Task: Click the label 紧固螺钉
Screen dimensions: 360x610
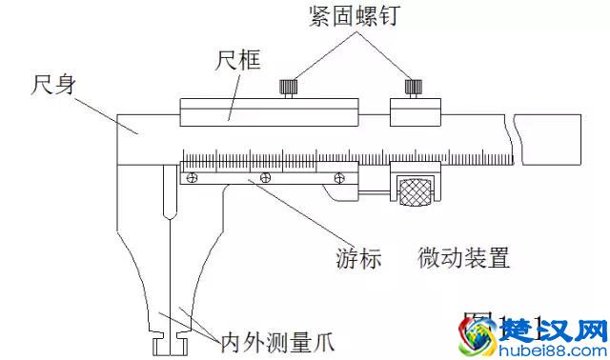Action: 350,18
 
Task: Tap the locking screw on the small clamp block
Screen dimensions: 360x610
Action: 413,88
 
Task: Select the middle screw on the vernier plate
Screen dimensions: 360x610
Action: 264,176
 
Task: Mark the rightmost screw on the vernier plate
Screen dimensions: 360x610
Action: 337,176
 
